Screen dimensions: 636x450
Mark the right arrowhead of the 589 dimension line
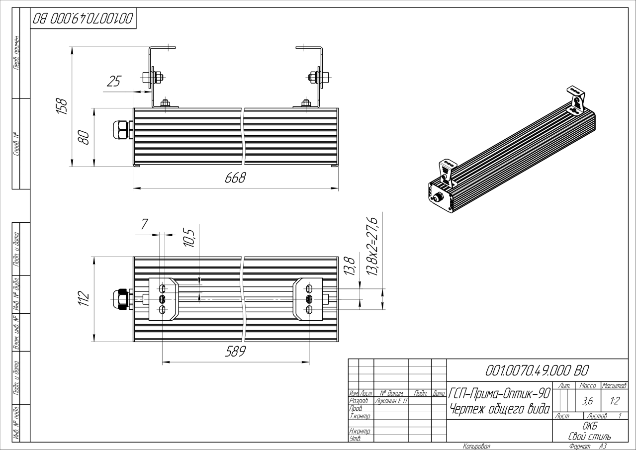point(305,362)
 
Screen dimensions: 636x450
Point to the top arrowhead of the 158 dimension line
point(72,51)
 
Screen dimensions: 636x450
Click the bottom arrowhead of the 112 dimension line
point(93,338)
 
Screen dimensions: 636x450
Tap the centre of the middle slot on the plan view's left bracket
point(163,299)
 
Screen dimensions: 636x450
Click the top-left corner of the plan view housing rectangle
point(134,257)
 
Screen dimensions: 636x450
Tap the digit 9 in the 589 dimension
point(241,352)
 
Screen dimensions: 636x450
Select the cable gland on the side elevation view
point(123,130)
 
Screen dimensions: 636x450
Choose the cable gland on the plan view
point(123,299)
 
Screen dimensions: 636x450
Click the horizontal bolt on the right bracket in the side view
point(319,77)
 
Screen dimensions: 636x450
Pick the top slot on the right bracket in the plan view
point(309,288)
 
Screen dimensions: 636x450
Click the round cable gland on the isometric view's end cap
point(438,196)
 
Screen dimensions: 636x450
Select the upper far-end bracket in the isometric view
point(575,101)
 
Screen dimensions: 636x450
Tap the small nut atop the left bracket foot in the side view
point(165,103)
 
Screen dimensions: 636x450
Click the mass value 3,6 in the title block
point(587,401)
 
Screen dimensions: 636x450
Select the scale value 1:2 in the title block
point(615,401)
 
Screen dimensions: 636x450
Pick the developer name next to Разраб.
point(391,401)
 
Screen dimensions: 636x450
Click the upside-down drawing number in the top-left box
point(83,18)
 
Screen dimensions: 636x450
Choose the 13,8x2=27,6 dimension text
point(372,247)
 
